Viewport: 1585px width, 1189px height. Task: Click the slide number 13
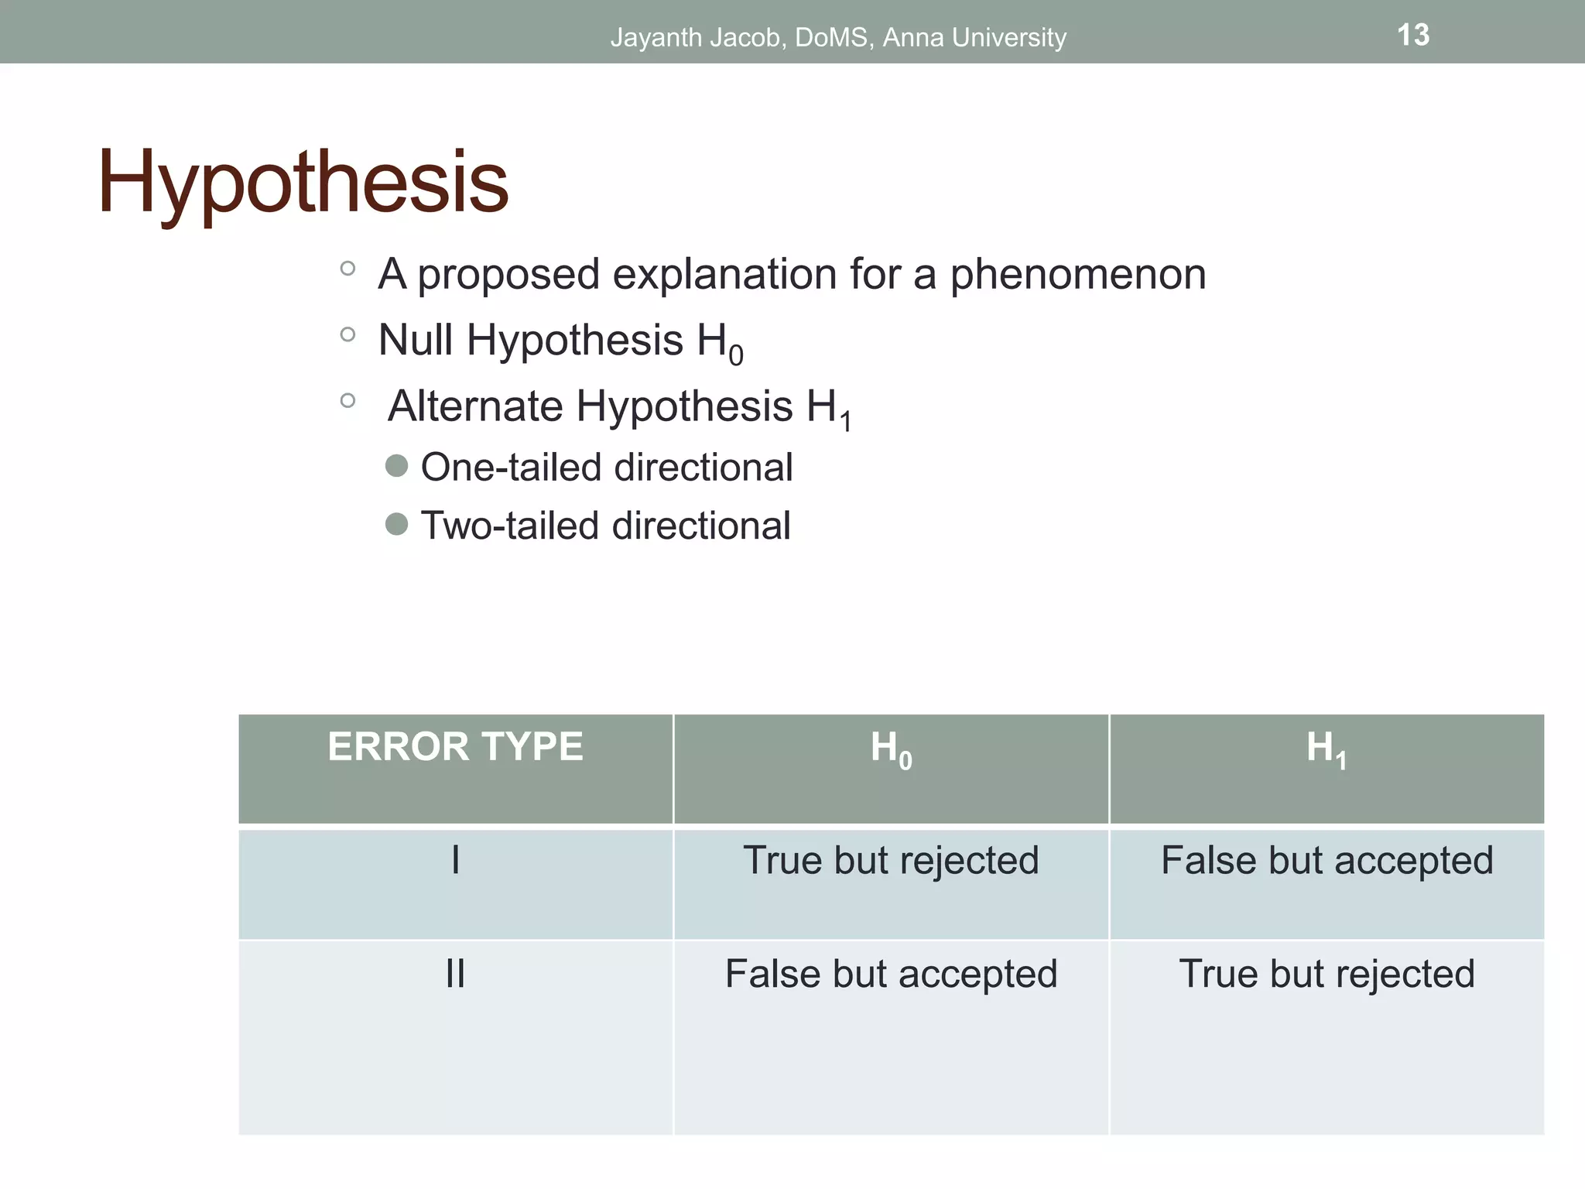1412,36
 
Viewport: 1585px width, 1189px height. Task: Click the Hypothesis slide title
303,183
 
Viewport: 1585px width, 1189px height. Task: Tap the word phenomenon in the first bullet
1077,274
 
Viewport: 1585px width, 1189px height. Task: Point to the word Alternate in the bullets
474,406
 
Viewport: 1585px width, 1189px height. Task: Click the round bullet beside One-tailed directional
396,466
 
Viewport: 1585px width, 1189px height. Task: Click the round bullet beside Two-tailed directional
396,524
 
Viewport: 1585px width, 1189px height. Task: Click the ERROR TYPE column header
455,747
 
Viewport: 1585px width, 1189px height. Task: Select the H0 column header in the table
891,749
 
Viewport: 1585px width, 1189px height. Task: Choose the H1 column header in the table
1326,749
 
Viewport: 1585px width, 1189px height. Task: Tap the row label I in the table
455,860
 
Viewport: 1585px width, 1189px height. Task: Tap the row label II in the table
455,974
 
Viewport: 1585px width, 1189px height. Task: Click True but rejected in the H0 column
891,860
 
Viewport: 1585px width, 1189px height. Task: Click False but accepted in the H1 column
1327,861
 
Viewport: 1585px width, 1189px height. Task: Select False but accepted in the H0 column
891,974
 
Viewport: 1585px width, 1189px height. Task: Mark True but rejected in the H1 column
1327,974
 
